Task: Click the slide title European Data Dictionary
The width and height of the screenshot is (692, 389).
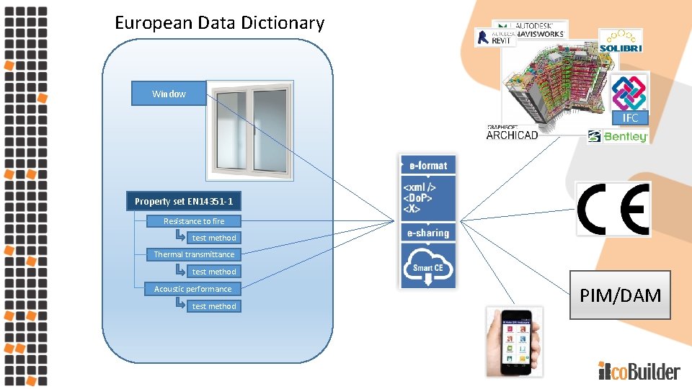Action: click(219, 23)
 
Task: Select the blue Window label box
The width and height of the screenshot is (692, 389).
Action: click(169, 94)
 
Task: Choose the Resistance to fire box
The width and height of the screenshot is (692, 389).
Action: click(193, 221)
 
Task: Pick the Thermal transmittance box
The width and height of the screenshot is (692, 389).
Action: click(194, 254)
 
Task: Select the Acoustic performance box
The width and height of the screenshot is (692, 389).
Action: click(192, 289)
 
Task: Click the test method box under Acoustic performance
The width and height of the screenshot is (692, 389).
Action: click(213, 306)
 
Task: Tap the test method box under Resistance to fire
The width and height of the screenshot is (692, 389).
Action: click(213, 238)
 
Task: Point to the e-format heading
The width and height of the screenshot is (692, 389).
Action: click(428, 165)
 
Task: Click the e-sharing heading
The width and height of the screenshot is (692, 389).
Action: click(428, 233)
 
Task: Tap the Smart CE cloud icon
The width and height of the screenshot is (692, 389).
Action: click(428, 265)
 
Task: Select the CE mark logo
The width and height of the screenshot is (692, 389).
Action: click(614, 209)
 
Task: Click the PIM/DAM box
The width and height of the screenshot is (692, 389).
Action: click(621, 295)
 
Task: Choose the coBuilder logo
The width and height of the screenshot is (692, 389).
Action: click(639, 371)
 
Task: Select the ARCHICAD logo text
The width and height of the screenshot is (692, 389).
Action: click(513, 134)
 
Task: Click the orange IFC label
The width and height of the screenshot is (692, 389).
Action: click(631, 117)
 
